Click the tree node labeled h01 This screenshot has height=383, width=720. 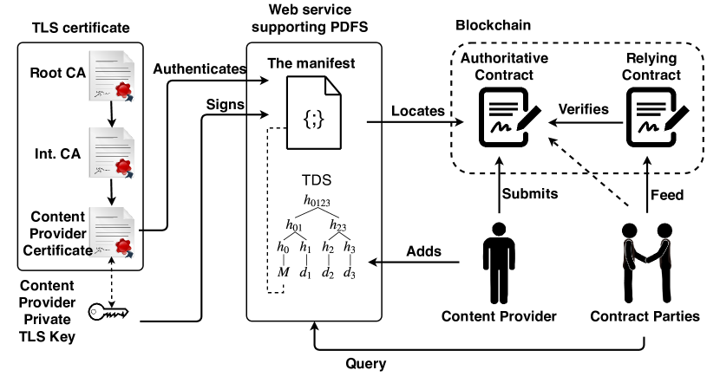(297, 225)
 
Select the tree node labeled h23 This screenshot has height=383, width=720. (339, 225)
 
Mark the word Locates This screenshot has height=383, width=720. (418, 111)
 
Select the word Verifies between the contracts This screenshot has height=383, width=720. (584, 110)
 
